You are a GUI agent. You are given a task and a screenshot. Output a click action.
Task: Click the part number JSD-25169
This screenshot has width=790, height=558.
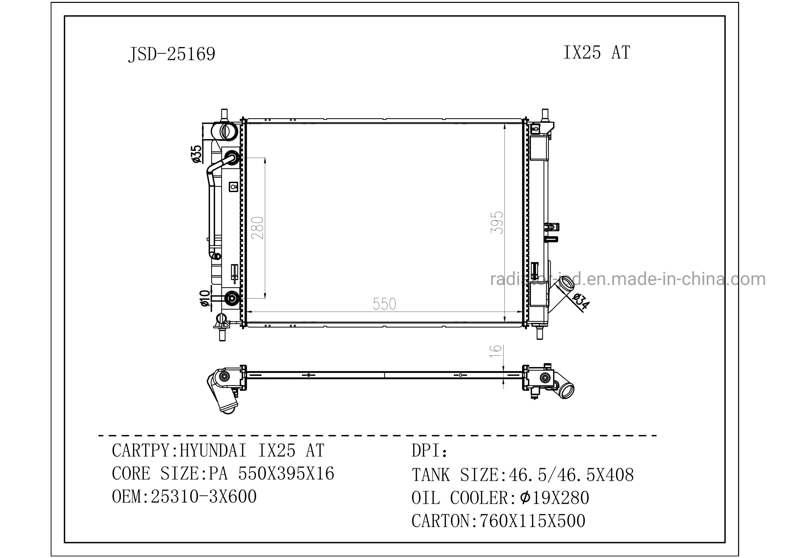click(172, 54)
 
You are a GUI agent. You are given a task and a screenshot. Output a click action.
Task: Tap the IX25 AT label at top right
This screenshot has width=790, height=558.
click(597, 53)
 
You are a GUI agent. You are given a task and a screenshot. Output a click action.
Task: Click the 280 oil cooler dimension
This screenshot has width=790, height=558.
click(257, 228)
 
